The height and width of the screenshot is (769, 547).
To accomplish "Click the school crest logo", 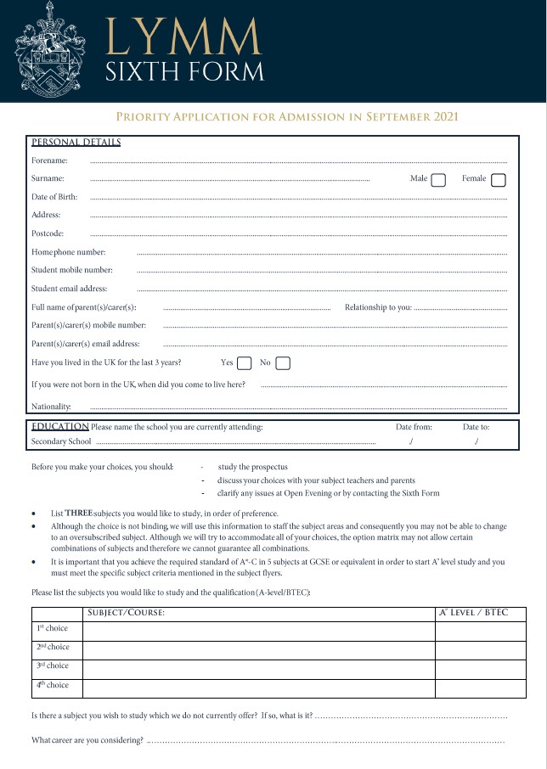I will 49,50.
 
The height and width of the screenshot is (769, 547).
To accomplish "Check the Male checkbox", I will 438,179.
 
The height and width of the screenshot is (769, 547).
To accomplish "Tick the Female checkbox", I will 499,179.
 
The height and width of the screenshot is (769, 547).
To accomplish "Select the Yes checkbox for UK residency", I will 244,363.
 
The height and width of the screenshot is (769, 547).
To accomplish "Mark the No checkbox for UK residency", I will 283,363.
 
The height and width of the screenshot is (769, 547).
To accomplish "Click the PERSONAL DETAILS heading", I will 76,142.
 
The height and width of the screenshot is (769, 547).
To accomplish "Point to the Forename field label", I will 49,160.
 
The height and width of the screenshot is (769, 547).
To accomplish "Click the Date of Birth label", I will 54,197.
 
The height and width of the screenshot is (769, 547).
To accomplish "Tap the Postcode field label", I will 48,233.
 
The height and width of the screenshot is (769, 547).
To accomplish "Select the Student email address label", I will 70,289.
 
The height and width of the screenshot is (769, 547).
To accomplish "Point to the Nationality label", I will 51,407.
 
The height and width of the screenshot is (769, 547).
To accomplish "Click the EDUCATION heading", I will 59,426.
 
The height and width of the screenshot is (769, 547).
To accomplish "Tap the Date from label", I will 414,427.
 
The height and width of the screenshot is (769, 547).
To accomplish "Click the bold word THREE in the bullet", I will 79,514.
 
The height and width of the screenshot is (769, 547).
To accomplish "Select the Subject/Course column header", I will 126,613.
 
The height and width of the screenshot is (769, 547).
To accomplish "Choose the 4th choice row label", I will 52,686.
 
